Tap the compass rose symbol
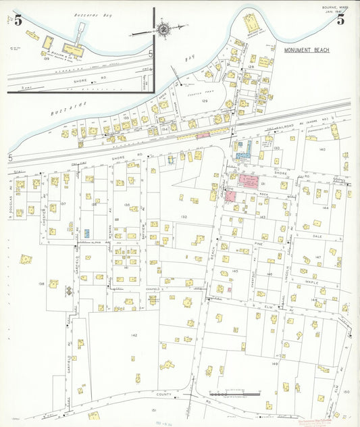coord(163,29)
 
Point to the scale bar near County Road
coord(234,393)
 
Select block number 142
coord(134,335)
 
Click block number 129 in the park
coord(205,100)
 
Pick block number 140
coord(322,149)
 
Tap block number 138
coord(41,284)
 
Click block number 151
coord(154,410)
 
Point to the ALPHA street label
coord(96,240)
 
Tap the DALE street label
coord(319,236)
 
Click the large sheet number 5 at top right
coord(341,20)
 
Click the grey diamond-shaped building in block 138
coord(69,291)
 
